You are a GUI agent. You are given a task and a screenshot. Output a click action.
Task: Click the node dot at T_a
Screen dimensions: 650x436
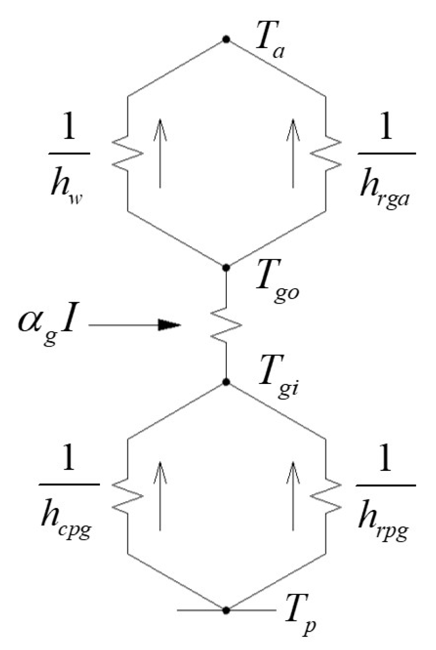(226, 39)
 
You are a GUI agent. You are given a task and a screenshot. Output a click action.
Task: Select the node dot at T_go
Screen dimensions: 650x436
(226, 268)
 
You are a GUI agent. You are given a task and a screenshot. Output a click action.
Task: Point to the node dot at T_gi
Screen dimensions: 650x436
(226, 382)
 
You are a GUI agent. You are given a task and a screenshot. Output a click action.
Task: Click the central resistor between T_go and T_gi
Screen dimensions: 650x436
(226, 325)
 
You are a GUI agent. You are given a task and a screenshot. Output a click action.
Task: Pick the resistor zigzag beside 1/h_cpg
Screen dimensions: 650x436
(128, 496)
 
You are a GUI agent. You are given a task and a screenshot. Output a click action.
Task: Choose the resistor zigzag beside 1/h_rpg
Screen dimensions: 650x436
(326, 496)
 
